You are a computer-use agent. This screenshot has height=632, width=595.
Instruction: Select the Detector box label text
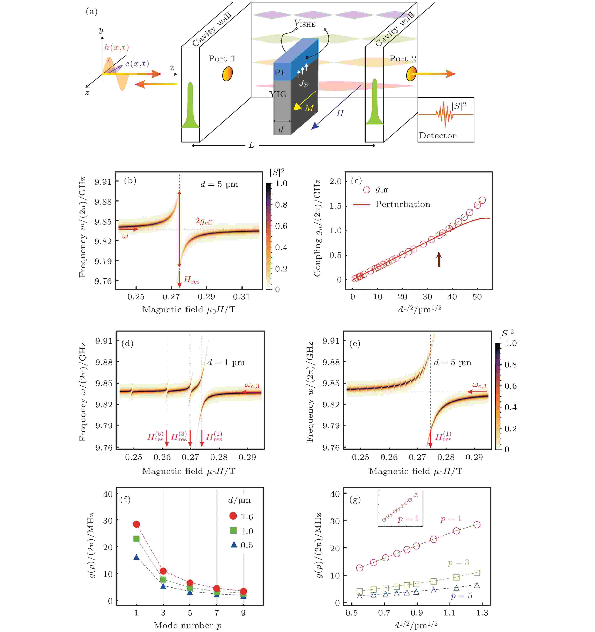(x=437, y=136)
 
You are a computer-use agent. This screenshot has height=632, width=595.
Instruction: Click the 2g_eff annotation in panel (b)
(x=204, y=221)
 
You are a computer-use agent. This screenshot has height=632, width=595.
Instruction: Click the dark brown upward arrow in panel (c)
(x=439, y=259)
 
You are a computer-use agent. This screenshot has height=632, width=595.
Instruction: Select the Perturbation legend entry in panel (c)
(x=403, y=204)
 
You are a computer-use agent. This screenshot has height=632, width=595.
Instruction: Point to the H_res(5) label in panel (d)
(x=155, y=437)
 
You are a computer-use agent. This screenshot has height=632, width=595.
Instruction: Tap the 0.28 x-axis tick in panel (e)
(x=446, y=458)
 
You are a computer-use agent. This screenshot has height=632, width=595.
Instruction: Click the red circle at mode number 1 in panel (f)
(x=136, y=524)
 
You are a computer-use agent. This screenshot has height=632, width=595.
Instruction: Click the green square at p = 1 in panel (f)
(x=136, y=539)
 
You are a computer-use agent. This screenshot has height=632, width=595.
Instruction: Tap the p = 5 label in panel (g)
(x=461, y=596)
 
